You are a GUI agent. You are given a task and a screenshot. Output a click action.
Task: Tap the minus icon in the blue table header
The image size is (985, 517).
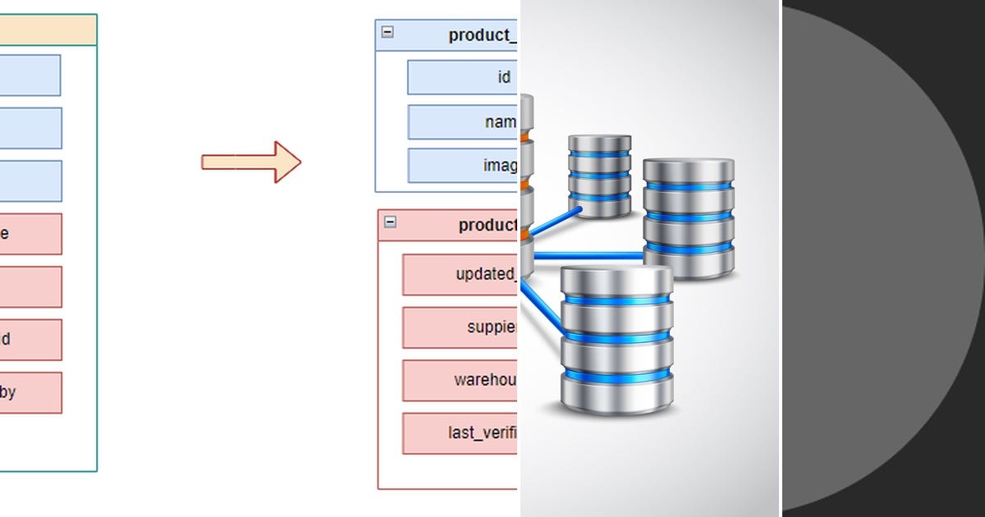pos(387,32)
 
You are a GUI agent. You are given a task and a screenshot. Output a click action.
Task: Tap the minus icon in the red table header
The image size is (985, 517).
pos(390,222)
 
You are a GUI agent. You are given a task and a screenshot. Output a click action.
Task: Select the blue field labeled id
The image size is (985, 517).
pos(463,77)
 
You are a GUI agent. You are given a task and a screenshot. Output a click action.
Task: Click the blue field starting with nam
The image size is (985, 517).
pos(463,122)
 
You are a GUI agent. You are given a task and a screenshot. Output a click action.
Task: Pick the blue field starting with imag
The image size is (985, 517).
pos(463,166)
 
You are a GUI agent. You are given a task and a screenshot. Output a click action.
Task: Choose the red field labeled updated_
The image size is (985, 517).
pos(460,274)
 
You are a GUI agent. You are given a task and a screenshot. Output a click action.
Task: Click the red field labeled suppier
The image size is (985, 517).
pos(460,327)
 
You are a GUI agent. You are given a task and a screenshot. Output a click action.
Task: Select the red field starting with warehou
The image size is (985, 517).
pos(460,380)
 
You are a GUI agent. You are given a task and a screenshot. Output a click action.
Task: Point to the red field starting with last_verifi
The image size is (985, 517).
pos(460,433)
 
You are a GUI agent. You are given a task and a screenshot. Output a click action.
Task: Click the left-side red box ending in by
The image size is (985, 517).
pos(30,392)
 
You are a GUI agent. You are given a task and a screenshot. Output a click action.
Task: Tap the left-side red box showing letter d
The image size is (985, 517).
pos(30,340)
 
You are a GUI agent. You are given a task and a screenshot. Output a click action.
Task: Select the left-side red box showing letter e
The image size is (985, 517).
pos(30,234)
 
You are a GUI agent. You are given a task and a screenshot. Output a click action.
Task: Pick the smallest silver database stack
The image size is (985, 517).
pos(599,176)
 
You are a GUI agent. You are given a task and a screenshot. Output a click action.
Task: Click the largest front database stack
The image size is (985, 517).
pos(616,341)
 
